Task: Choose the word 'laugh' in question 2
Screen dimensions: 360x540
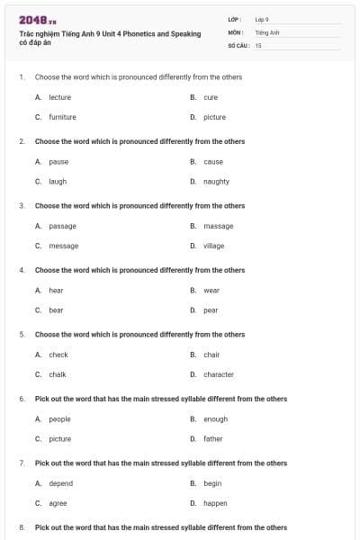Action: point(58,181)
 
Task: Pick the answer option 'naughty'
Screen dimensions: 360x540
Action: point(216,181)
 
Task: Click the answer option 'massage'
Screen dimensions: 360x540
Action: point(218,226)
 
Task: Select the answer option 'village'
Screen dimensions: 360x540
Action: point(213,246)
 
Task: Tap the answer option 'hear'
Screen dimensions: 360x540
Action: point(56,290)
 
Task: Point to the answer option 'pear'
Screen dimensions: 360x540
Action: point(211,310)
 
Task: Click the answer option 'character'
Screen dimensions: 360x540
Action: point(218,374)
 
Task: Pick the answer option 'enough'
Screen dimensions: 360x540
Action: point(215,418)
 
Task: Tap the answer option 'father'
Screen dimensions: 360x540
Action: point(212,438)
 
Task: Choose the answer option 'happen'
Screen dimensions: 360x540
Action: point(215,503)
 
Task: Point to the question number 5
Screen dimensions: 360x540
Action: point(21,335)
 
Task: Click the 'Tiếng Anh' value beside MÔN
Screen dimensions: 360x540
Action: point(267,31)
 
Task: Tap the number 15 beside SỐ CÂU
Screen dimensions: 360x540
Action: point(258,44)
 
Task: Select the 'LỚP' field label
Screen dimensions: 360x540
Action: point(234,19)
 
